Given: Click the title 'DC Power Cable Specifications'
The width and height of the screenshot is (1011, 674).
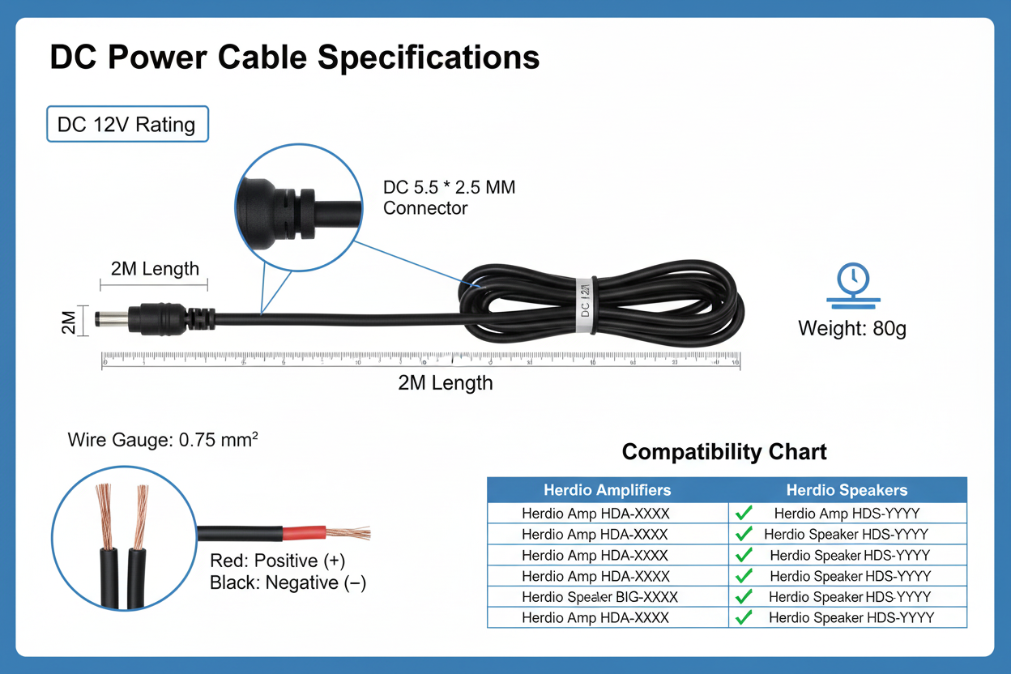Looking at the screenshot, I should point(295,58).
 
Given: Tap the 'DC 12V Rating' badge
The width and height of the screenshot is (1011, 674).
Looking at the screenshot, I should point(126,125).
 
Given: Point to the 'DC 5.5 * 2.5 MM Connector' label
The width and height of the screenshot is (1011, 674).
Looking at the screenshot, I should point(449,198).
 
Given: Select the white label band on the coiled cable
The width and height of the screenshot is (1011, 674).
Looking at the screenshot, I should point(583,306).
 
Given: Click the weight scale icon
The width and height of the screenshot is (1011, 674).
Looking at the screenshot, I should point(853,284).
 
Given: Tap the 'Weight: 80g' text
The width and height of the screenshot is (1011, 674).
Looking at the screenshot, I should point(852,329).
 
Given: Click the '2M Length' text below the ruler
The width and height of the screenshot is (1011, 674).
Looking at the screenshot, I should point(445,383).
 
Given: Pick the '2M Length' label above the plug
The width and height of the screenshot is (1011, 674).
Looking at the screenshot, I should point(154,269).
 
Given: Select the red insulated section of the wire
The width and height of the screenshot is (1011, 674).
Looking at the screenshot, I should point(304,533).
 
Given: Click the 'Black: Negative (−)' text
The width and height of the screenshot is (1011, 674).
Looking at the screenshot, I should point(288,582).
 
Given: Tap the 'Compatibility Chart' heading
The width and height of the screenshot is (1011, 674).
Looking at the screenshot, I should point(724,452).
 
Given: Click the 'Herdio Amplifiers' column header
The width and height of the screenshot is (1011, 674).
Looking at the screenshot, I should point(607,490).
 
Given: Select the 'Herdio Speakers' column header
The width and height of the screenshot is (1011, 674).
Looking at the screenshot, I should point(847,490).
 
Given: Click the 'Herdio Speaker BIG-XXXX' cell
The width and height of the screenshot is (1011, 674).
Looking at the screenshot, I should point(599,597).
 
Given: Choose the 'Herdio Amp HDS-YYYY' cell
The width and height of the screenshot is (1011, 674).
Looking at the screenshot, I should point(847,513).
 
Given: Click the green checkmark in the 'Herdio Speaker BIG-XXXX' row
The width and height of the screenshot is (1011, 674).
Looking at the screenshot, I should point(742,596).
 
